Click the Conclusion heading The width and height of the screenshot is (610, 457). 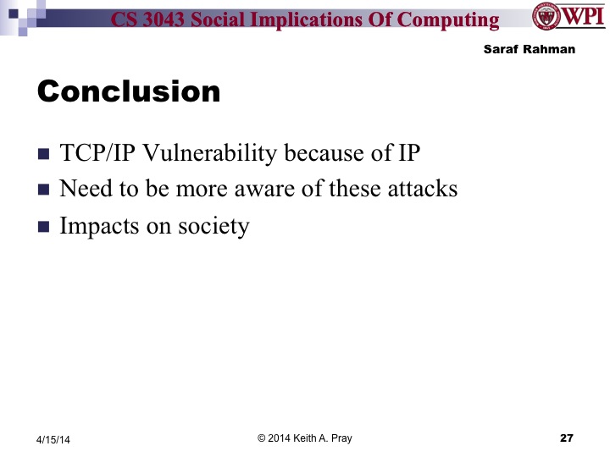point(129,91)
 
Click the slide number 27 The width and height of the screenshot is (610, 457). point(567,438)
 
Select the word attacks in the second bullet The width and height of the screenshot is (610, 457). point(421,189)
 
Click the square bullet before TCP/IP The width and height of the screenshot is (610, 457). point(44,155)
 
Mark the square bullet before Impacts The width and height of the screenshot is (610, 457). point(44,228)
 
